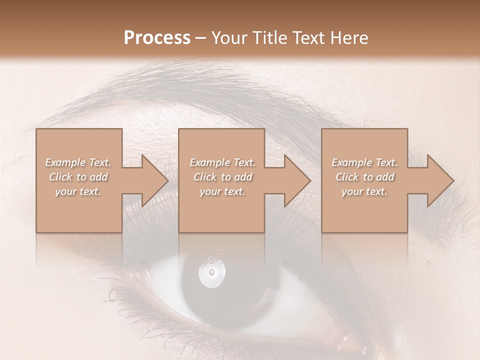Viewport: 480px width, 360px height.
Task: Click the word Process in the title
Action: click(x=156, y=38)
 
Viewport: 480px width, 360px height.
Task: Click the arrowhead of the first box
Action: click(x=150, y=180)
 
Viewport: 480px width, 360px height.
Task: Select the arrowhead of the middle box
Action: click(x=293, y=180)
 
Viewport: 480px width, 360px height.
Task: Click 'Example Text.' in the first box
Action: click(x=78, y=162)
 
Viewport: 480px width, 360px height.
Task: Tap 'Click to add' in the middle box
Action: click(x=222, y=177)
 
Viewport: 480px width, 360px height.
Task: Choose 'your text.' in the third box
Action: click(x=364, y=191)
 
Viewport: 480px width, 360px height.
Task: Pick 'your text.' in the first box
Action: click(x=78, y=191)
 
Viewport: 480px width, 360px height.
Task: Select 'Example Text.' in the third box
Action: click(x=364, y=162)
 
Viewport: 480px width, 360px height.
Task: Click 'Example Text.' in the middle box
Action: click(x=222, y=162)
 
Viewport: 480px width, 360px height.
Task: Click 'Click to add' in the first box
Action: click(x=78, y=177)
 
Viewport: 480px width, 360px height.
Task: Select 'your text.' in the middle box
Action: click(x=222, y=191)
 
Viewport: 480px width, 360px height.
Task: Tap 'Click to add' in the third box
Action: click(x=364, y=177)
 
